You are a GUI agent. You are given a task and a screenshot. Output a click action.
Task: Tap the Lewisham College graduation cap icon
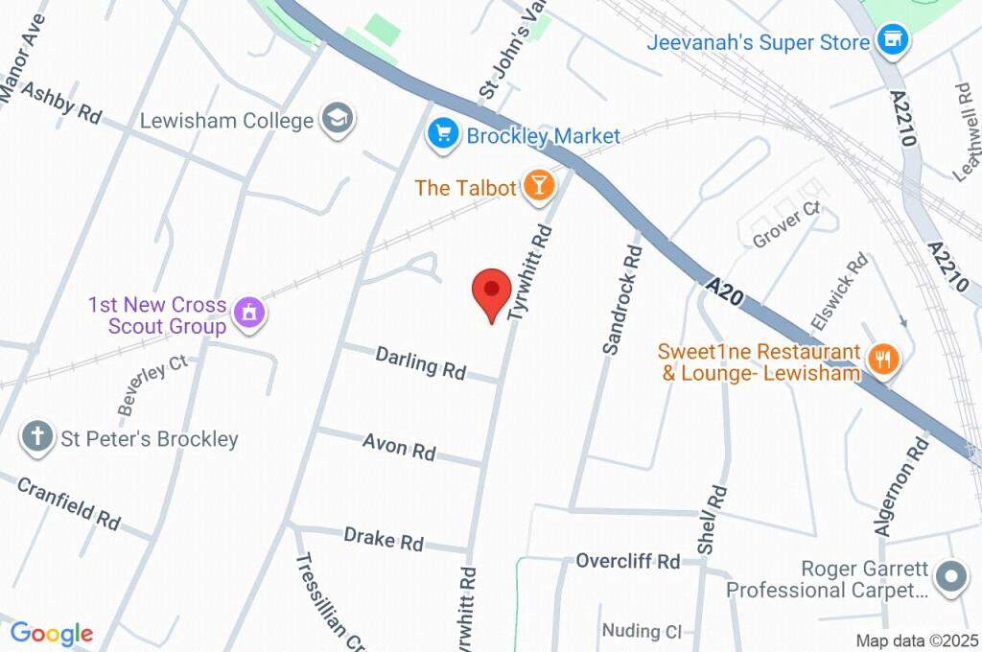tap(339, 120)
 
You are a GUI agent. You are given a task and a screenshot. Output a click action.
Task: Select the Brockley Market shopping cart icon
tap(442, 134)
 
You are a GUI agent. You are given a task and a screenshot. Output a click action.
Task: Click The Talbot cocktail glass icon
tap(538, 187)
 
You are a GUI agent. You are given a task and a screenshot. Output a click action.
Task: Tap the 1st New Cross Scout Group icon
tap(249, 313)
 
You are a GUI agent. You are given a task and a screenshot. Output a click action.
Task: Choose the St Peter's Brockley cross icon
tap(37, 438)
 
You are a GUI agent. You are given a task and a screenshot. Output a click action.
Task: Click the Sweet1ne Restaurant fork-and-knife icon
tap(880, 360)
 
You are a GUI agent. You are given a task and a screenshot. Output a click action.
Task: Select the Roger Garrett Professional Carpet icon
tap(951, 577)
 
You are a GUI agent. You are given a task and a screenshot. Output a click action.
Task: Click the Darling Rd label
tap(420, 362)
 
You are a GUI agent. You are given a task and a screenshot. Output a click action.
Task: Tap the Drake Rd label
tap(383, 538)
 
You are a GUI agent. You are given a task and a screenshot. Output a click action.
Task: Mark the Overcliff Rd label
tap(627, 561)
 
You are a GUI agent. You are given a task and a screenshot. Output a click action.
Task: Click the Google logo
tap(51, 634)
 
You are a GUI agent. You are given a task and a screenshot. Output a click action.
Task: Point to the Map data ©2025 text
tap(916, 640)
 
